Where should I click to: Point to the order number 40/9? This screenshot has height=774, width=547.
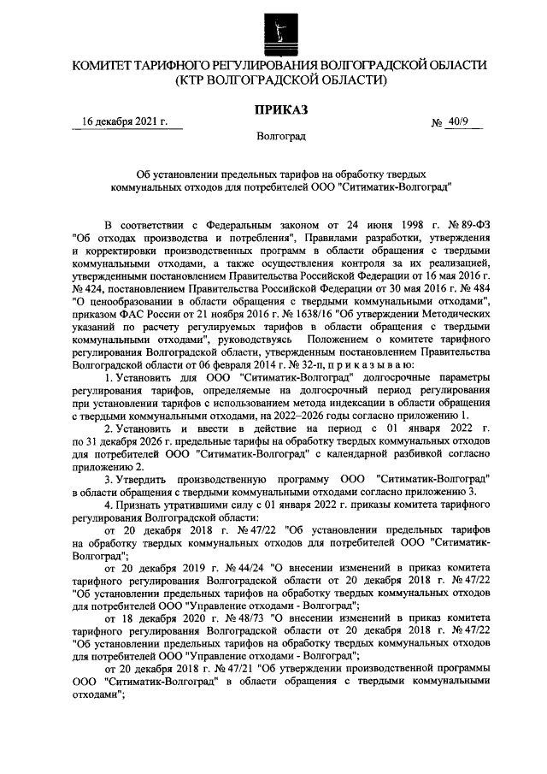462,123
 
